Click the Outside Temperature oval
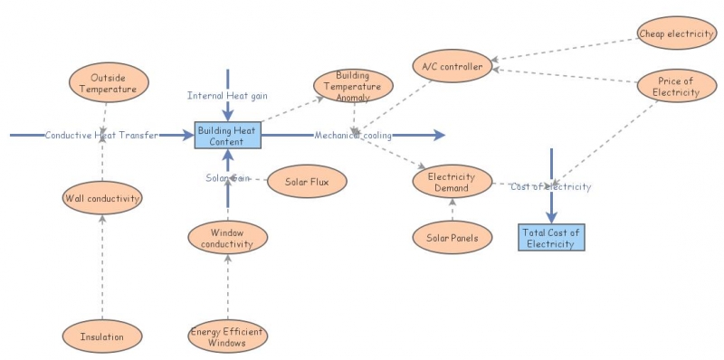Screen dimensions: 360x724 (x=106, y=83)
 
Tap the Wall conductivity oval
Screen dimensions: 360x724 (x=102, y=196)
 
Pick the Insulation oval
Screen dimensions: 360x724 (x=101, y=336)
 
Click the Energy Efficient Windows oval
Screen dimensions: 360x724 (x=228, y=337)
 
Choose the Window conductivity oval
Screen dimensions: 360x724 (x=228, y=238)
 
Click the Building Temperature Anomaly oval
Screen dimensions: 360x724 (x=353, y=85)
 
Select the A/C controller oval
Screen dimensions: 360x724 (x=452, y=66)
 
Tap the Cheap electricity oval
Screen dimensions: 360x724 (x=676, y=34)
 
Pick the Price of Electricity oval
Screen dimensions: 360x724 (x=676, y=87)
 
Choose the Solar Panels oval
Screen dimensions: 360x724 (x=452, y=238)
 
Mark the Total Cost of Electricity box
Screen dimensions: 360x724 (x=551, y=238)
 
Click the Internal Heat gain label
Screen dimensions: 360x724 (x=228, y=95)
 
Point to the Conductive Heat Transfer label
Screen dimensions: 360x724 (x=101, y=136)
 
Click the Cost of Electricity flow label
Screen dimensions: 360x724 (x=550, y=186)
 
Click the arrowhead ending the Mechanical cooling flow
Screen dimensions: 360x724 (x=441, y=136)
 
